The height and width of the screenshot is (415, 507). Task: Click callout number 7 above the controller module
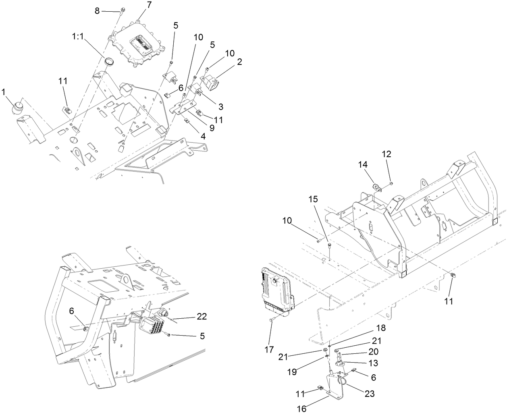click(138, 5)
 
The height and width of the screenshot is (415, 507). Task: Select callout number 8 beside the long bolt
click(97, 11)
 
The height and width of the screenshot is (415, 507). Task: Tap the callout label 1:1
click(79, 37)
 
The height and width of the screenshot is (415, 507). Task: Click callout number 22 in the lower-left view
click(202, 317)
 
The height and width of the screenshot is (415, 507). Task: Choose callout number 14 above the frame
click(363, 164)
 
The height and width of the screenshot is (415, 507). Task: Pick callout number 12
click(386, 154)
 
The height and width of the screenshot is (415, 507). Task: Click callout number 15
click(313, 199)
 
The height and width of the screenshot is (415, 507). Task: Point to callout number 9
click(211, 128)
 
